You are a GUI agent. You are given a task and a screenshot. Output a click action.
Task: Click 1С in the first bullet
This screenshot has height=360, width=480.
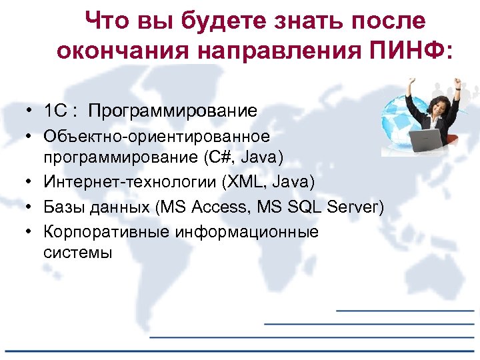(x=54, y=111)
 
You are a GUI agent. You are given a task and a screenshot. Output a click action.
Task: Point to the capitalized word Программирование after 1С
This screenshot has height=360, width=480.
(x=172, y=111)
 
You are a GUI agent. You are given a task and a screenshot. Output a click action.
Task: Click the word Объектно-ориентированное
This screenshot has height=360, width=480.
(x=157, y=137)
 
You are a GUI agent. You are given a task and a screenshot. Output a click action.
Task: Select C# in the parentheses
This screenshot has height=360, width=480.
(x=219, y=157)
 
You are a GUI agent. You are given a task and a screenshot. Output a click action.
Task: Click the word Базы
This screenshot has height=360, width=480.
(x=63, y=207)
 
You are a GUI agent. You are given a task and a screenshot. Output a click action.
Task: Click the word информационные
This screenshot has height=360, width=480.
(x=246, y=233)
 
